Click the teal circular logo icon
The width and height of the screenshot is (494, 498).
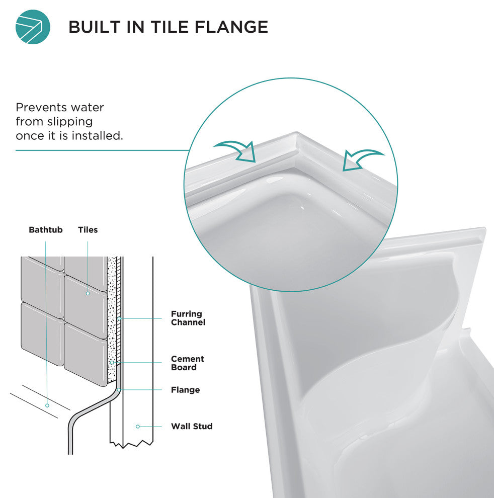point(33,27)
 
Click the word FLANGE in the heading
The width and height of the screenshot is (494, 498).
point(231,27)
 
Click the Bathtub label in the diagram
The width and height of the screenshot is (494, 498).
point(45,229)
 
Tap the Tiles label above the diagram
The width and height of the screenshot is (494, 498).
point(88,229)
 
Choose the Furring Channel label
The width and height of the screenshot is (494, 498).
point(188,318)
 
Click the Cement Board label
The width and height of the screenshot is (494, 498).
point(188,363)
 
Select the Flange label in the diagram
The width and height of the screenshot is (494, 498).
point(185,390)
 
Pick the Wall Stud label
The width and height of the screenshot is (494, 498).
point(192,426)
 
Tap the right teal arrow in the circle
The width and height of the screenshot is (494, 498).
point(362,159)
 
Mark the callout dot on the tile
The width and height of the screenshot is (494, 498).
point(88,293)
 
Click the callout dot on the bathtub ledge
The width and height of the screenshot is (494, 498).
point(47,405)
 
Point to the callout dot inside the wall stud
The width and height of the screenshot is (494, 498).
point(137,427)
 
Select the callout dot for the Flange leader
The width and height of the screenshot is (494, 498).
point(118,390)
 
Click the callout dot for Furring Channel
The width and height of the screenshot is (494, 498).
point(119,318)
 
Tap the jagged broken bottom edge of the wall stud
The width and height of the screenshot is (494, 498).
point(131,444)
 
